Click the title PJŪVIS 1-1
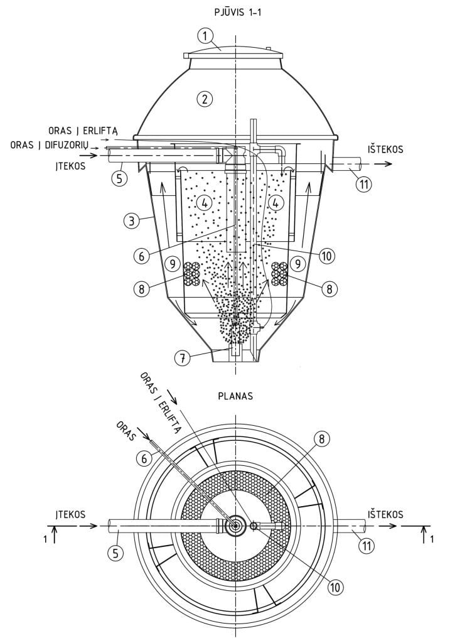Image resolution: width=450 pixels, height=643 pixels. pyautogui.click(x=238, y=13)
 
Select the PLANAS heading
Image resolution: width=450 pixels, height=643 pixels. pyautogui.click(x=235, y=397)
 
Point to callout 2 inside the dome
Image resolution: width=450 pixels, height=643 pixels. pyautogui.click(x=204, y=99)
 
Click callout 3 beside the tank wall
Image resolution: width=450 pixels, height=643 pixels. pyautogui.click(x=131, y=222)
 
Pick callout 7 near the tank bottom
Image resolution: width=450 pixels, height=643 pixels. pyautogui.click(x=182, y=358)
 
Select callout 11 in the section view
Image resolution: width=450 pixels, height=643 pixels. pyautogui.click(x=363, y=184)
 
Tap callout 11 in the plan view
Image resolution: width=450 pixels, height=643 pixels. pyautogui.click(x=367, y=546)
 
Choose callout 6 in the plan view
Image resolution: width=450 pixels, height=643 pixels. pyautogui.click(x=144, y=458)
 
